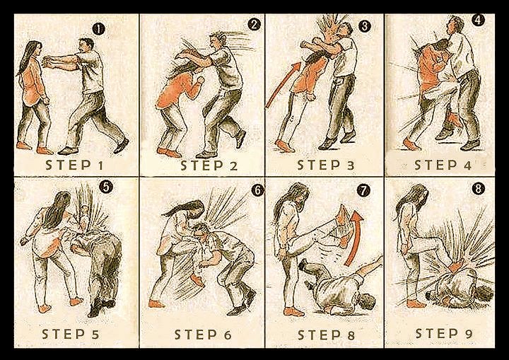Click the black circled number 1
(x=98, y=30)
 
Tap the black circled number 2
(x=254, y=24)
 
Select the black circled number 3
(x=365, y=26)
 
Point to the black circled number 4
(x=478, y=20)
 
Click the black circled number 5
(x=106, y=187)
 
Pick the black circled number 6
(x=257, y=190)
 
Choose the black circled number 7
(x=363, y=190)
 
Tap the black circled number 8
(x=478, y=188)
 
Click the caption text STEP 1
(x=74, y=166)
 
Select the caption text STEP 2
(x=209, y=166)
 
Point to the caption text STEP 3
(x=326, y=165)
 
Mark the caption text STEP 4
(x=443, y=165)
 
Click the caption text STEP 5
(x=71, y=334)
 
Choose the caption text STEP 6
(x=203, y=335)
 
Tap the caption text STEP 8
(x=326, y=335)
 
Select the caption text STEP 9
(x=444, y=333)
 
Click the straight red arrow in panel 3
(x=283, y=85)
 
